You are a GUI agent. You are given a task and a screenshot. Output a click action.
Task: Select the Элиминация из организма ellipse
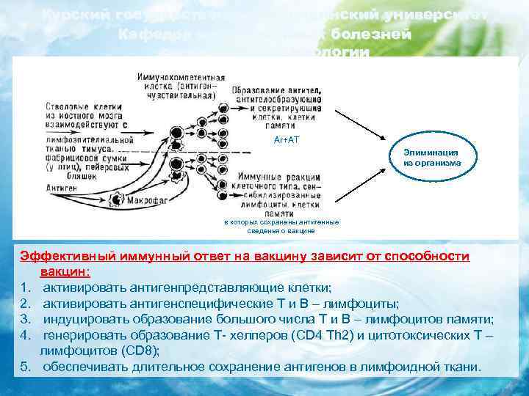[x=432, y=158]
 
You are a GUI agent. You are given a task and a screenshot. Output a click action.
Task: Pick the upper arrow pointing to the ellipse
[x=360, y=125]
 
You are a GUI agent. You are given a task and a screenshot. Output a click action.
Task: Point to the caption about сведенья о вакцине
[x=270, y=230]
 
